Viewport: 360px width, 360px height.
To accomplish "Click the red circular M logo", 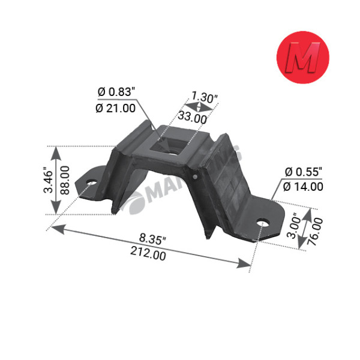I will pyautogui.click(x=302, y=58).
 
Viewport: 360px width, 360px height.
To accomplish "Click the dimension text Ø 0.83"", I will pyautogui.click(x=116, y=92).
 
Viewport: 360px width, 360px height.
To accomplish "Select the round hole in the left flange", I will pyautogui.click(x=92, y=183).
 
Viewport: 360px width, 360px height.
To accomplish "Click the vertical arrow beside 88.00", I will pyautogui.click(x=56, y=180).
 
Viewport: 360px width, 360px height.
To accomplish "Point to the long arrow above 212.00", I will pyautogui.click(x=150, y=245).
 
